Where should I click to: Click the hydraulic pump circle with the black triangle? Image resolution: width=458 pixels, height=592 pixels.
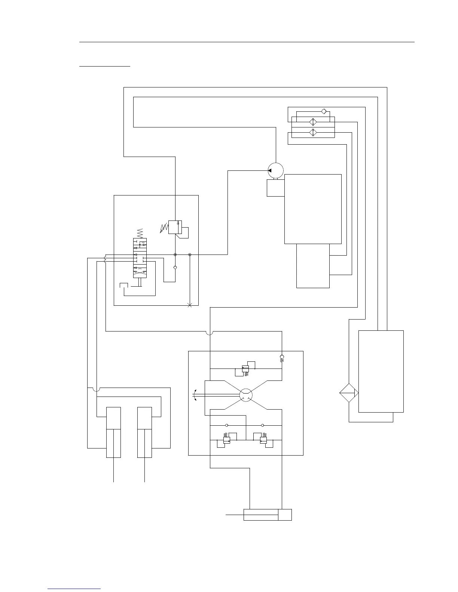click(276, 170)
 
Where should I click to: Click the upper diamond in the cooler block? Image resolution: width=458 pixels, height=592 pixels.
click(313, 122)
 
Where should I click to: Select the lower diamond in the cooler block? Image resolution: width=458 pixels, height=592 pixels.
click(313, 132)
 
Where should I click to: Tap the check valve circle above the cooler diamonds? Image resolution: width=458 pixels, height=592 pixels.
click(324, 111)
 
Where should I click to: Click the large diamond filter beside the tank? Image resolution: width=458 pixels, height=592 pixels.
click(349, 393)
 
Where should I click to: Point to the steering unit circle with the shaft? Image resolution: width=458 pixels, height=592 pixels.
click(246, 395)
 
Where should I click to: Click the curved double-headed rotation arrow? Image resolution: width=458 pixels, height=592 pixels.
click(195, 395)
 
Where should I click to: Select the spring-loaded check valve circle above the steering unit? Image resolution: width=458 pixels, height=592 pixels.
click(282, 357)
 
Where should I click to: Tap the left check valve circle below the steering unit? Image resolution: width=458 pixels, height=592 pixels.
click(227, 425)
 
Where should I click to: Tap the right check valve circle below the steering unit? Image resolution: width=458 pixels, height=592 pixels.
click(263, 425)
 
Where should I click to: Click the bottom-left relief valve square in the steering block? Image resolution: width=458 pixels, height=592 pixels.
click(226, 441)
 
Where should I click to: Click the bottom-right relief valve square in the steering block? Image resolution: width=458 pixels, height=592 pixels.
click(263, 441)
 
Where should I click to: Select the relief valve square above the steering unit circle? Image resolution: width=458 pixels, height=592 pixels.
click(245, 369)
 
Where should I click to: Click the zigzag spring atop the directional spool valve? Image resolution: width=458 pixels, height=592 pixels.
click(140, 232)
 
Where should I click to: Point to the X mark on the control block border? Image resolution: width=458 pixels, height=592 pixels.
click(190, 306)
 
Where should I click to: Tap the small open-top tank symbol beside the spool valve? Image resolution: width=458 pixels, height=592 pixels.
click(123, 286)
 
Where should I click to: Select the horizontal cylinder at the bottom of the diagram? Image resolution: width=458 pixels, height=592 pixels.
click(267, 515)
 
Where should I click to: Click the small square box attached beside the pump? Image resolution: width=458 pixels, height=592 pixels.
click(276, 188)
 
